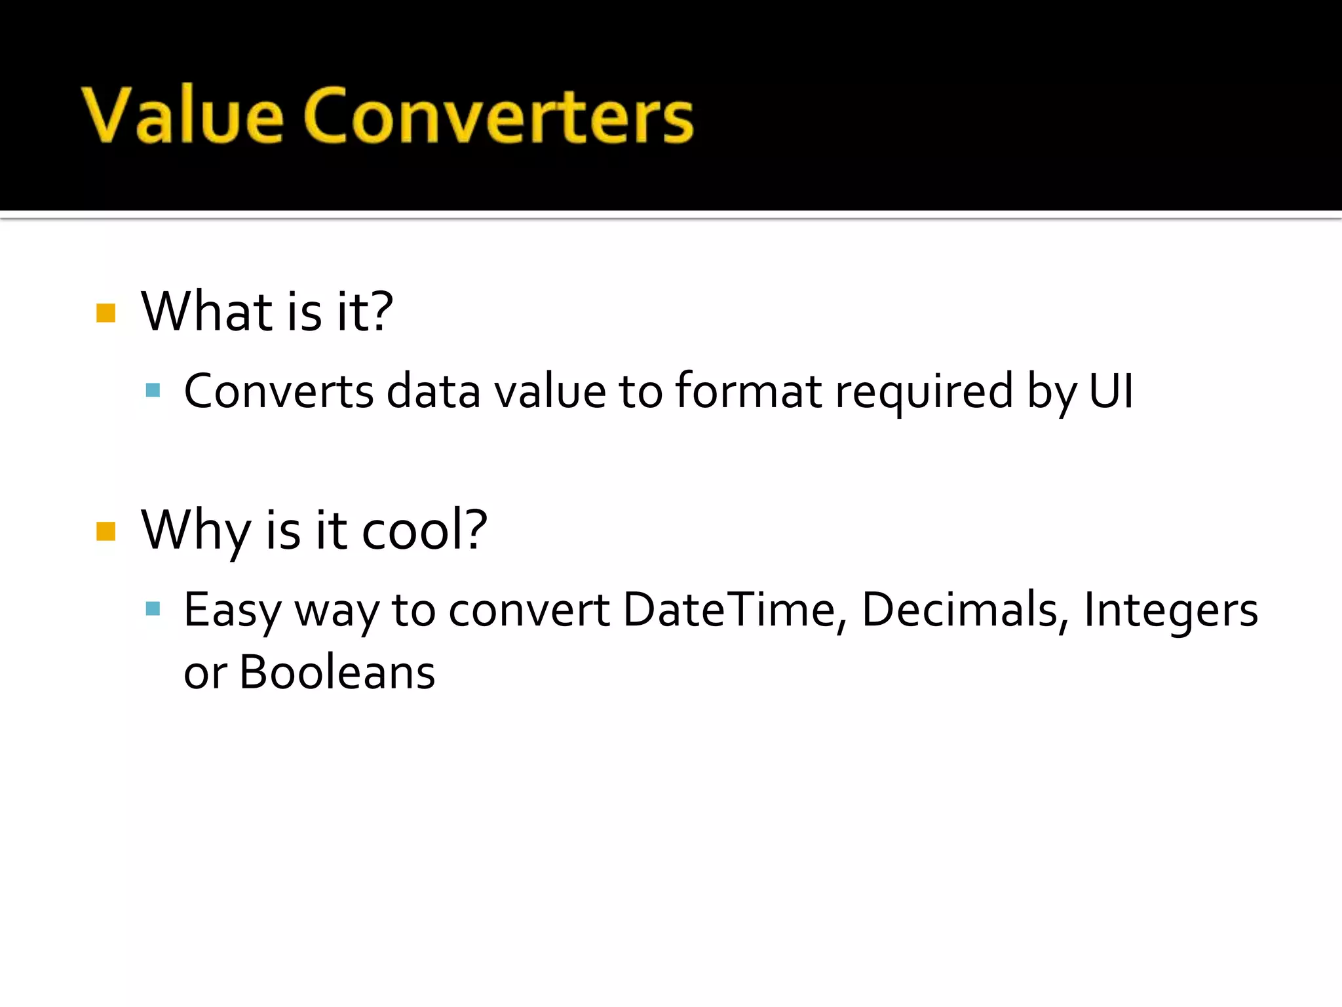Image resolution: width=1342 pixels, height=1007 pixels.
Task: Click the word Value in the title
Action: pyautogui.click(x=183, y=115)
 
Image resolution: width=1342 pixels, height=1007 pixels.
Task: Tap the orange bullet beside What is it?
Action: pyautogui.click(x=105, y=313)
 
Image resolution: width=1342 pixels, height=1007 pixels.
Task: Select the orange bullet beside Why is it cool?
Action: pyautogui.click(x=105, y=531)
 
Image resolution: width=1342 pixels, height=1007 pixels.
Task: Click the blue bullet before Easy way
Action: pyautogui.click(x=153, y=609)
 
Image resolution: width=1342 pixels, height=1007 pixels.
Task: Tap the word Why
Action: pyautogui.click(x=195, y=531)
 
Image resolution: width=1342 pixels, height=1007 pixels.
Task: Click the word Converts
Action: pyautogui.click(x=278, y=391)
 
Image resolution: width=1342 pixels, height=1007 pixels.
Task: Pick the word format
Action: pyautogui.click(x=748, y=391)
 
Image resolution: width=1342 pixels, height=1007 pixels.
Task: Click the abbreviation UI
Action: pyautogui.click(x=1111, y=391)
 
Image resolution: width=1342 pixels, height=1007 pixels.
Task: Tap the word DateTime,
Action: pyautogui.click(x=735, y=610)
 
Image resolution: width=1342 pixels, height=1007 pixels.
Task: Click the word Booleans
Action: pyautogui.click(x=337, y=673)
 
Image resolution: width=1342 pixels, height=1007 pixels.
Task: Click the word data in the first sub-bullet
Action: pyautogui.click(x=433, y=391)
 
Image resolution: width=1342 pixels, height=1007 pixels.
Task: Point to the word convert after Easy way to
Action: pyautogui.click(x=529, y=610)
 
